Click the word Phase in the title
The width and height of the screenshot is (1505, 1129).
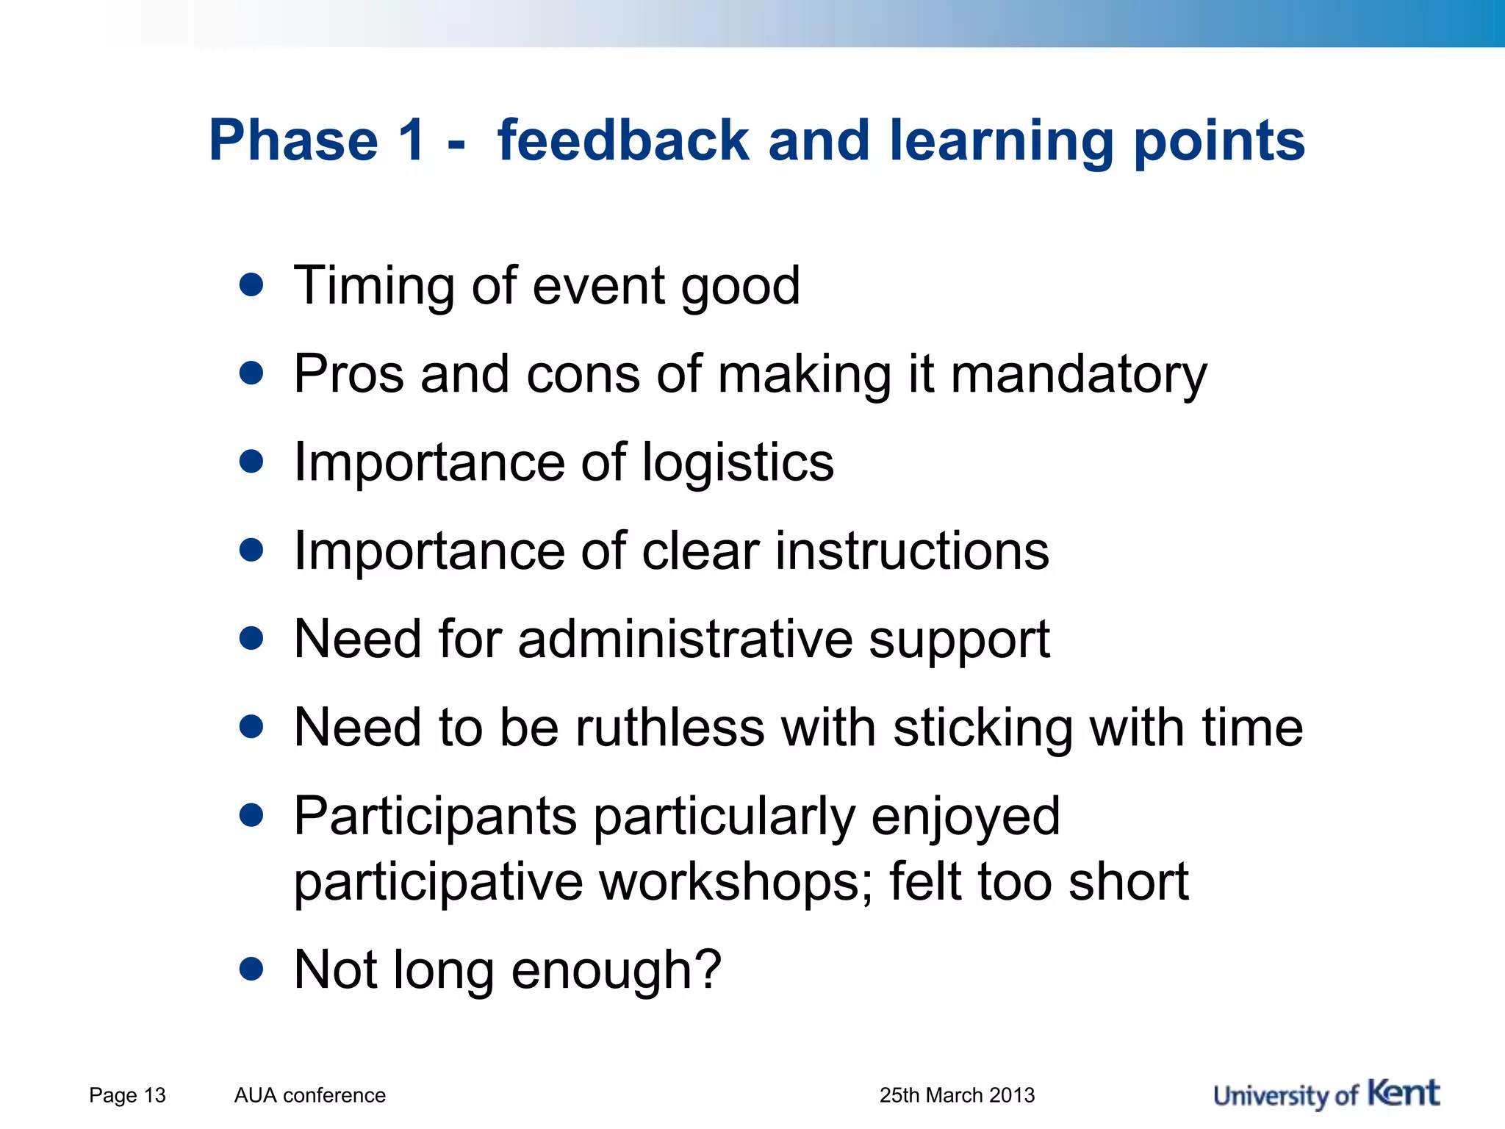293,140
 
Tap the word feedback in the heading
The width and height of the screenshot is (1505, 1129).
622,140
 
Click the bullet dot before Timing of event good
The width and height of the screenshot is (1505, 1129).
251,285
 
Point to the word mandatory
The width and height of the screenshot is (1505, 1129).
1079,376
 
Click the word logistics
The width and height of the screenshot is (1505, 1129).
738,464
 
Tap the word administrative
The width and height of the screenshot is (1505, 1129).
685,639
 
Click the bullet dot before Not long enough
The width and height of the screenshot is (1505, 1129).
251,969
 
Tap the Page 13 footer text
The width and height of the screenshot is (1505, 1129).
127,1095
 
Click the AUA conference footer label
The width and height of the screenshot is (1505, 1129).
309,1095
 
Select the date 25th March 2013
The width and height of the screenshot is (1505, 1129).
957,1095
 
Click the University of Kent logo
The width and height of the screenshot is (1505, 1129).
1326,1094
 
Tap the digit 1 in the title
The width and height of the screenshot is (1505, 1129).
411,140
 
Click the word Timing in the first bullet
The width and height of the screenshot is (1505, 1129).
373,287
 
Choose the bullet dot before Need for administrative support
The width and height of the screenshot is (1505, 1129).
251,638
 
